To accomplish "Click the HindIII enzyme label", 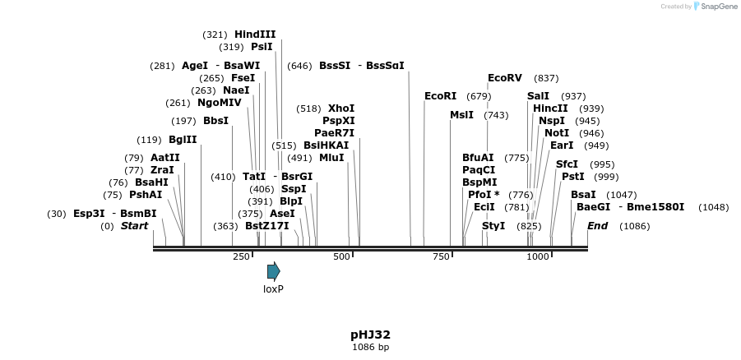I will [255, 35].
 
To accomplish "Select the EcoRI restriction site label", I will [440, 96].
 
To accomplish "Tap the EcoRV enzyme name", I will [505, 78].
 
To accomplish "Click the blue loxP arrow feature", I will [273, 271].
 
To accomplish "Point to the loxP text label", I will [273, 289].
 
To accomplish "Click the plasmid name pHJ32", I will [370, 335].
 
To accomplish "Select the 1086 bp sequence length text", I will [370, 348].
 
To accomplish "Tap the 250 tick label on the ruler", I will [241, 256].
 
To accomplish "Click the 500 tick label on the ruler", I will [341, 256].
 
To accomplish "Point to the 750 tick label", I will [441, 256].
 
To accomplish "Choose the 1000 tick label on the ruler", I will [538, 256].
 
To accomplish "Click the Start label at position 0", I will [135, 226].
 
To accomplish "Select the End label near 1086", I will [597, 226].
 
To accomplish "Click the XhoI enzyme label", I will [341, 108].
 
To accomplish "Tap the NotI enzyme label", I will [557, 133].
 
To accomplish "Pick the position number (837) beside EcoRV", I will [546, 78].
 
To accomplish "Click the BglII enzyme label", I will [183, 140].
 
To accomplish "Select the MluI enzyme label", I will [331, 158].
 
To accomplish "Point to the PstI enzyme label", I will [572, 177].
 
